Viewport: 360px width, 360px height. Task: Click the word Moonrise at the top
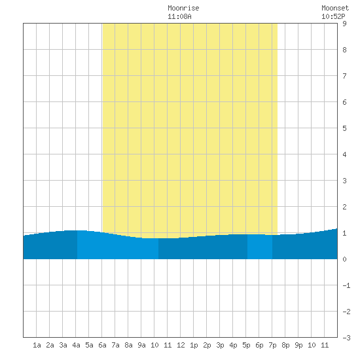click(x=183, y=8)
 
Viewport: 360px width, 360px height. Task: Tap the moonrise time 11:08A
click(x=179, y=16)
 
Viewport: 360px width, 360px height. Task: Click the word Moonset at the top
click(x=335, y=8)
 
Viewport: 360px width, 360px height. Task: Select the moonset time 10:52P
click(x=333, y=16)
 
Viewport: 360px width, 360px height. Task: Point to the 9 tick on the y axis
click(x=344, y=24)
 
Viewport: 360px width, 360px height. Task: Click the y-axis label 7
click(x=344, y=76)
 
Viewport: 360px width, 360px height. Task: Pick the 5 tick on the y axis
click(x=344, y=128)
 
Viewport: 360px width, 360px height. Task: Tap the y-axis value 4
click(x=344, y=154)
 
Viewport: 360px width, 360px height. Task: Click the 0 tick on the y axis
click(x=344, y=259)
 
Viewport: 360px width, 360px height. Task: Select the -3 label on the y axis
click(x=346, y=338)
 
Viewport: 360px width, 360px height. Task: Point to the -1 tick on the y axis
click(x=346, y=285)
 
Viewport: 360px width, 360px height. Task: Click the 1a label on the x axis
click(x=37, y=345)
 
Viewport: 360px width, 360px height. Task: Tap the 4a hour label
click(x=76, y=345)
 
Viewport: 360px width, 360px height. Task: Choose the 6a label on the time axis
click(x=102, y=345)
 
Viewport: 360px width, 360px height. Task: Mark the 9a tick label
click(x=141, y=345)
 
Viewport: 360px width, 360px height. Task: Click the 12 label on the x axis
click(x=181, y=345)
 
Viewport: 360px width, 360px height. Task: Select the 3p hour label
click(x=220, y=345)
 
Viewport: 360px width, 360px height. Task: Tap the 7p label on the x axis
click(x=272, y=345)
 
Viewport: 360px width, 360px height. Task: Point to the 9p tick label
click(x=298, y=345)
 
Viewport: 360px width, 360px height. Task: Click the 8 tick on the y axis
click(x=344, y=50)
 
